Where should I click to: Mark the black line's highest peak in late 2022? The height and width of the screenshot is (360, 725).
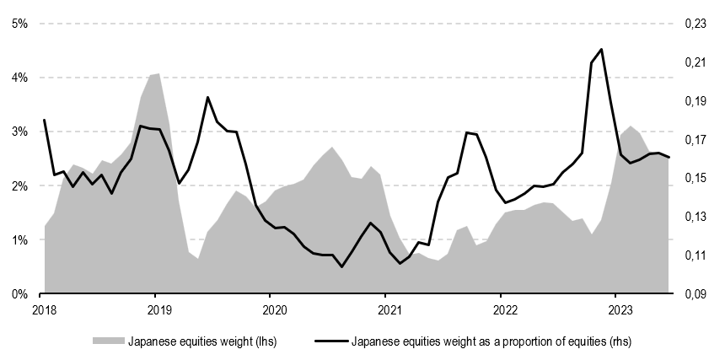(x=601, y=49)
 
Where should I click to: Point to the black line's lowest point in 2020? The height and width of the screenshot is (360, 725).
(x=341, y=267)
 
